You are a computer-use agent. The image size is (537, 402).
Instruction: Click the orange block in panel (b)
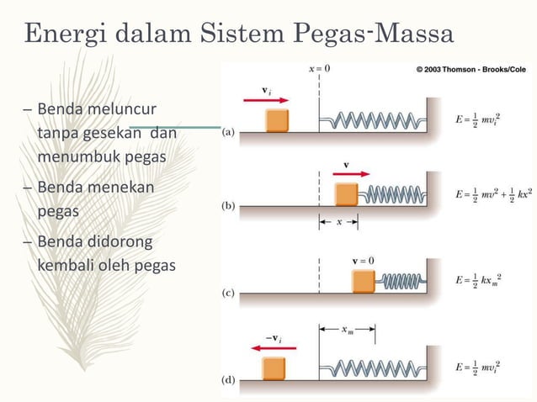pos(346,193)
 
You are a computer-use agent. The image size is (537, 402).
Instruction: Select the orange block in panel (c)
pos(364,280)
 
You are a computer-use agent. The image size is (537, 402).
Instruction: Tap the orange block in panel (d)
pos(274,368)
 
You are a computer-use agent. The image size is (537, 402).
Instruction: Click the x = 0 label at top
pos(319,69)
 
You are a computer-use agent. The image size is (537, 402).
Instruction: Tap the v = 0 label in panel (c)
pos(364,259)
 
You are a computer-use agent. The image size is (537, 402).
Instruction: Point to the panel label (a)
pos(228,132)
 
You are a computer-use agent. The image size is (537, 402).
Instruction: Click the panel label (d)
pos(228,380)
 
